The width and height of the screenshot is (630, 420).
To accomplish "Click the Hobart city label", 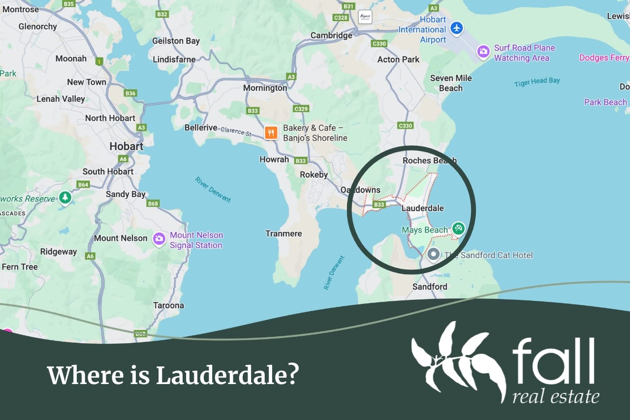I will (x=126, y=146).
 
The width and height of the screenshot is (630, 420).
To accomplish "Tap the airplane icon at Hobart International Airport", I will (x=457, y=28).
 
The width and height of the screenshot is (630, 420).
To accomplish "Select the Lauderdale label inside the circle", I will (x=422, y=208).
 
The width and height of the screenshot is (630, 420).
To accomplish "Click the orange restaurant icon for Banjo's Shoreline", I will (x=271, y=132).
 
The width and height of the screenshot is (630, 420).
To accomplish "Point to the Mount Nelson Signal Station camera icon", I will (x=159, y=239).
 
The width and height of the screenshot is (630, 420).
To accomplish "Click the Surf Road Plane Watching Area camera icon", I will (x=483, y=51).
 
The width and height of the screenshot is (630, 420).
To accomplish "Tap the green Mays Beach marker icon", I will (x=458, y=228).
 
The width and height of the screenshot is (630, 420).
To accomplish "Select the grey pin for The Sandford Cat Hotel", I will (x=433, y=255).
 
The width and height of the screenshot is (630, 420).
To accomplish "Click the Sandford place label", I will (x=430, y=287).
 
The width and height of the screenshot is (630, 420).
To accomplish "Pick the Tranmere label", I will (x=283, y=233).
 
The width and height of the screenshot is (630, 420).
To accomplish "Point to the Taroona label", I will (x=168, y=305).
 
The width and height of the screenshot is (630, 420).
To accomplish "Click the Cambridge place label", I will (x=331, y=35).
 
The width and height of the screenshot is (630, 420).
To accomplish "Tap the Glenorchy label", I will (x=37, y=27).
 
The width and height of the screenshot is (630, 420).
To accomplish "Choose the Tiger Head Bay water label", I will (x=537, y=82).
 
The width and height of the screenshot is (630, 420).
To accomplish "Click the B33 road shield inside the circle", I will (x=379, y=204).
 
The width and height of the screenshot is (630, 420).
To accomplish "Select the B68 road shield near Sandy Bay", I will (x=153, y=203).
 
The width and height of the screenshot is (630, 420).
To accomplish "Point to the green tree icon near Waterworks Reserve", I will (x=64, y=198).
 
